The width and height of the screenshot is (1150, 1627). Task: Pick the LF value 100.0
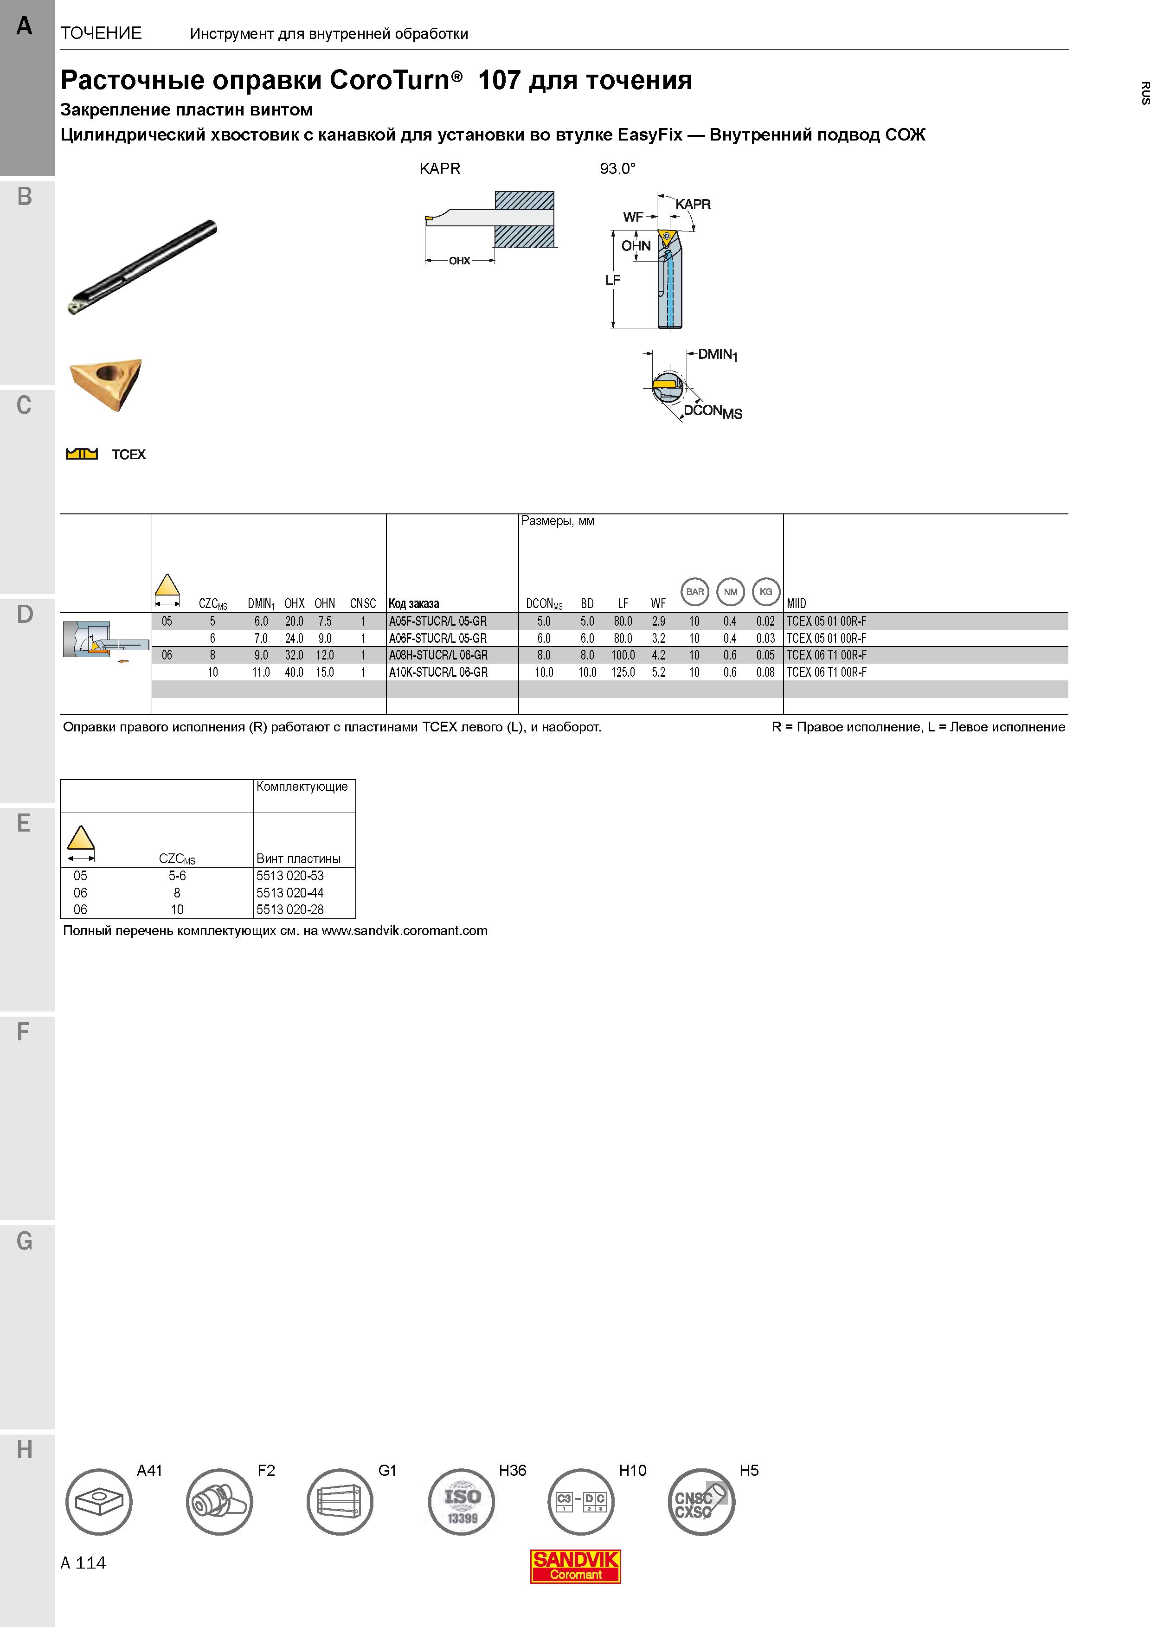click(x=623, y=655)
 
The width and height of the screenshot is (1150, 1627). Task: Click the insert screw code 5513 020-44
click(x=290, y=893)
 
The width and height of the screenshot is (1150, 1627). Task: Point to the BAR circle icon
click(x=695, y=592)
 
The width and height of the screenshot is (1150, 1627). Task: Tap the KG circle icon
click(x=766, y=592)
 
